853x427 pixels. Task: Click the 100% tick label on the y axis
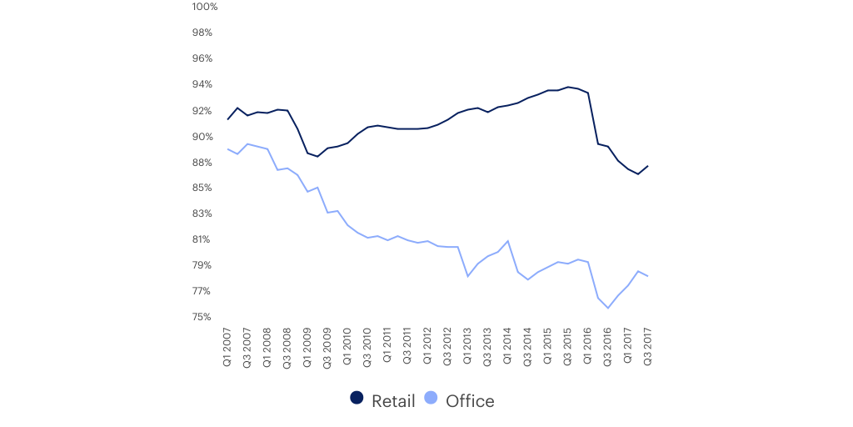point(204,7)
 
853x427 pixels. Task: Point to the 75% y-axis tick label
point(204,317)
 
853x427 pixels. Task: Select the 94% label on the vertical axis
point(204,84)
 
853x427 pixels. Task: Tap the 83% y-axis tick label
point(204,213)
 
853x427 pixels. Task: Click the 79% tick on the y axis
point(204,265)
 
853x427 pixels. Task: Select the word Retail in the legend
point(393,401)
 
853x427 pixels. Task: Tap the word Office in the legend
point(470,401)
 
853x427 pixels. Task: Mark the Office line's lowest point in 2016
point(608,309)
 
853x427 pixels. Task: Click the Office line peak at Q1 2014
point(508,241)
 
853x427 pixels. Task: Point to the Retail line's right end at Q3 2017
point(648,165)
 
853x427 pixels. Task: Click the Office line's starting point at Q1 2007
point(227,149)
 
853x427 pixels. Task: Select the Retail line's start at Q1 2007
point(227,119)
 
